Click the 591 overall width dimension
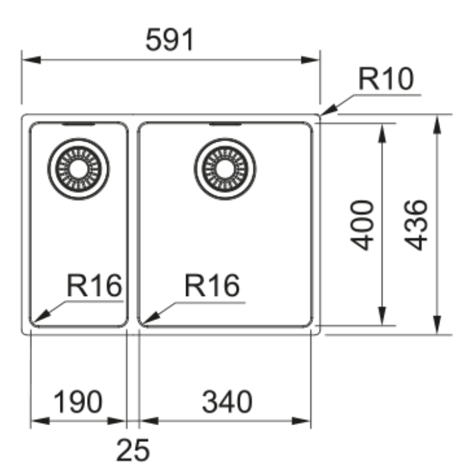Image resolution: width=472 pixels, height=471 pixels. click(170, 39)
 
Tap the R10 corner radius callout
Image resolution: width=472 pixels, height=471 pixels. click(386, 79)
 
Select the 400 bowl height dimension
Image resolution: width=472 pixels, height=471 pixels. click(362, 225)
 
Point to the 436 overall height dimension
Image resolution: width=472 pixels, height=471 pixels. click(415, 225)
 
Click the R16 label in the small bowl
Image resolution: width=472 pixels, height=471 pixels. click(94, 285)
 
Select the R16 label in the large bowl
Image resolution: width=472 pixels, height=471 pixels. click(212, 285)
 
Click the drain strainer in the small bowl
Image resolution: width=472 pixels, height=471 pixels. click(78, 169)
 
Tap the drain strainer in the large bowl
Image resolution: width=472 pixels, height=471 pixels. click(225, 169)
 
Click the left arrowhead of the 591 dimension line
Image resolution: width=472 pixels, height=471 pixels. click(32, 60)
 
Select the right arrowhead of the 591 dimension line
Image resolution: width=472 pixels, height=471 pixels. click(310, 60)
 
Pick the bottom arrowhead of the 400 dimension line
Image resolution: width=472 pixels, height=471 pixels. click(382, 316)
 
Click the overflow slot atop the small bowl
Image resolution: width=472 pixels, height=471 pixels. click(78, 124)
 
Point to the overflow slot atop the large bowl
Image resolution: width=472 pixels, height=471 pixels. click(225, 124)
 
